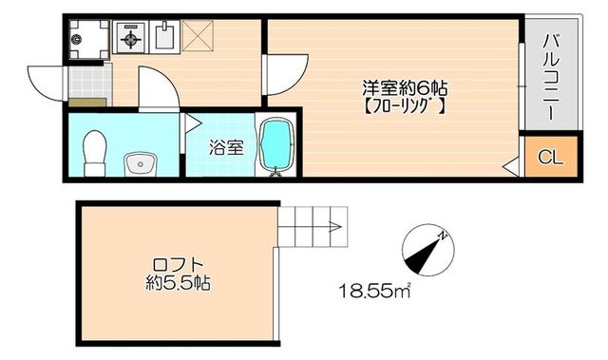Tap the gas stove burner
coord(129,39)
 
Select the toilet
coord(93,152)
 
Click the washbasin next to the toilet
coord(141,162)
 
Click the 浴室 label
coord(226,147)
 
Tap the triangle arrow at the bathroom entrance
coord(192,122)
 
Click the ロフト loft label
coord(178,264)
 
